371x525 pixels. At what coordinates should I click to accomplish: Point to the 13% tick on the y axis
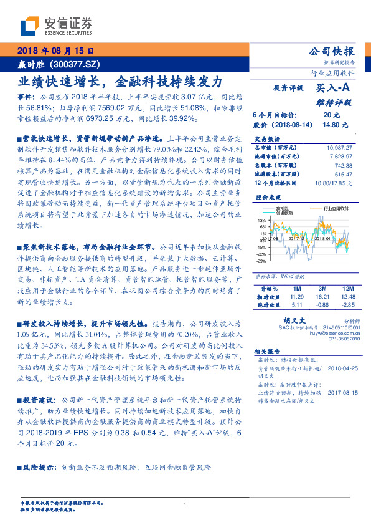pyautogui.click(x=262, y=221)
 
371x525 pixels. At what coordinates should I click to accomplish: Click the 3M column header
pyautogui.click(x=322, y=289)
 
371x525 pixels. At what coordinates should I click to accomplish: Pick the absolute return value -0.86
pyautogui.click(x=322, y=305)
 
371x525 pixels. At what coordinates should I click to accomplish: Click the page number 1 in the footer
pyautogui.click(x=185, y=504)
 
